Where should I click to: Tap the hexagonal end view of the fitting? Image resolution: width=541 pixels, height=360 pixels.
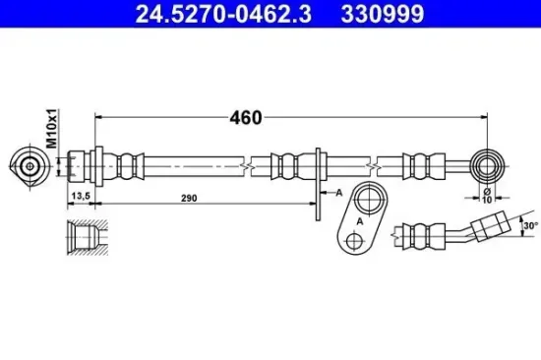pyautogui.click(x=30, y=165)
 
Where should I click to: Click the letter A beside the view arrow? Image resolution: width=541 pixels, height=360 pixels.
pyautogui.click(x=337, y=193)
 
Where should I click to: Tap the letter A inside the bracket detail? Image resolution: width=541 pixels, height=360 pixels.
pyautogui.click(x=360, y=221)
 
